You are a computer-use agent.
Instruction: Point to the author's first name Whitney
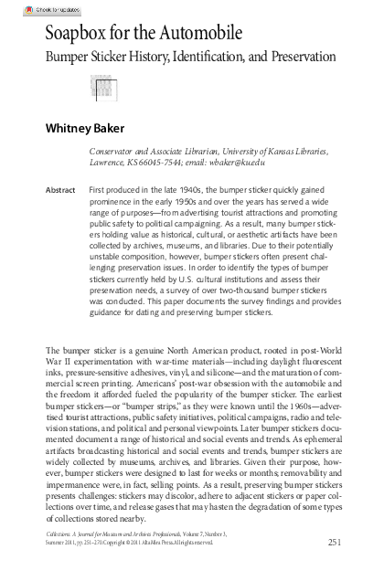coord(69,130)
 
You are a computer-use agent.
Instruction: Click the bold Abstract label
coord(59,190)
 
